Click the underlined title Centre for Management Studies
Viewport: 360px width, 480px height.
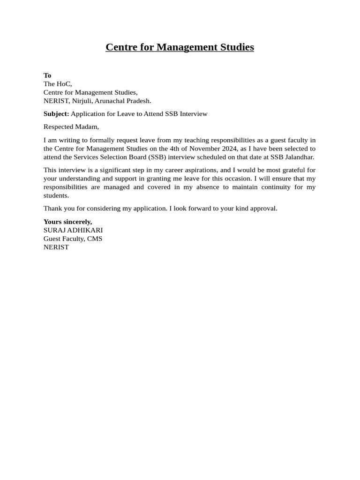[x=180, y=47]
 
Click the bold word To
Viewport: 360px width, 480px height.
[x=47, y=75]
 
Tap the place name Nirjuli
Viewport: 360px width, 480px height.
[x=82, y=101]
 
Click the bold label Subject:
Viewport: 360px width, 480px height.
[x=56, y=114]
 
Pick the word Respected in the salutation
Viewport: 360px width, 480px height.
[x=58, y=127]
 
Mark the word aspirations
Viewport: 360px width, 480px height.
[x=200, y=170]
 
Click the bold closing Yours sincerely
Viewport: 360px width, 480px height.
[x=67, y=222]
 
